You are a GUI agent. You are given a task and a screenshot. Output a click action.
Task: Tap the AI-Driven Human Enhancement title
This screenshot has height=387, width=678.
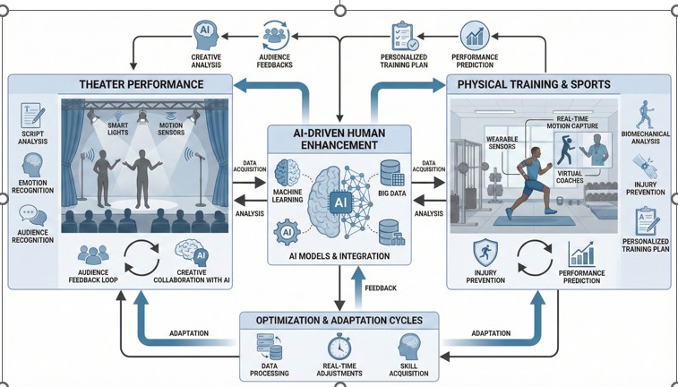[338, 138]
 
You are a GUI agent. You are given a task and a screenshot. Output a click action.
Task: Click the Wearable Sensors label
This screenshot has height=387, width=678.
[506, 143]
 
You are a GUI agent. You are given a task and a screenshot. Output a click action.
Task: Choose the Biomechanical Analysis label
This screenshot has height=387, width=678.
[647, 144]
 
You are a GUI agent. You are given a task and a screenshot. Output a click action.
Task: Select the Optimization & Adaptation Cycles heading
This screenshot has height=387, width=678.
[338, 319]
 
